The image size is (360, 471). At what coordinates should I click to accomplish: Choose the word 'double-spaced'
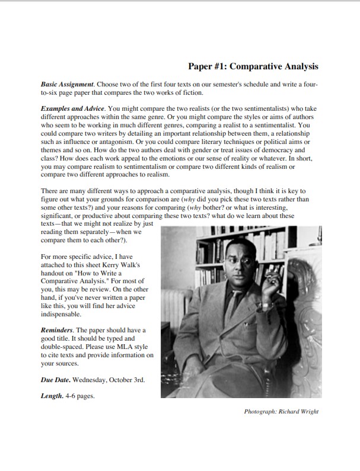[65, 347]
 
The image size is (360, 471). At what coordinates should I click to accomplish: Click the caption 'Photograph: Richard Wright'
[281, 411]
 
